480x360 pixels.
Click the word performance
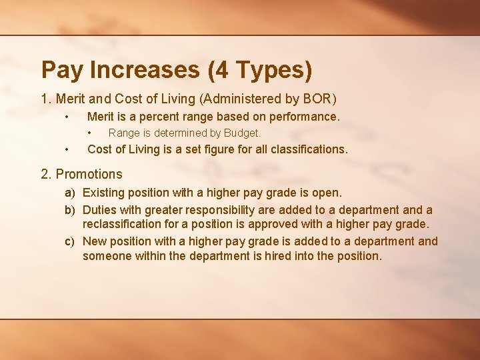tap(304, 117)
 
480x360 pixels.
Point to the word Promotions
tap(89, 175)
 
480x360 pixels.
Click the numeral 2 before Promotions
tap(45, 175)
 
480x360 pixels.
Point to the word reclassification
tap(125, 224)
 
